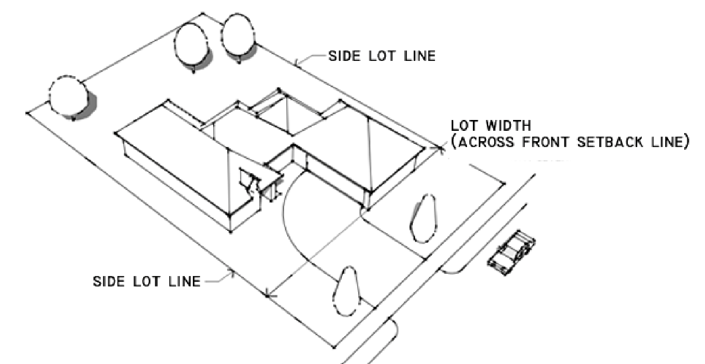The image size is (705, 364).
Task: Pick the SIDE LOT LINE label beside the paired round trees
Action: click(x=382, y=56)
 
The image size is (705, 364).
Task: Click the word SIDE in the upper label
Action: click(x=342, y=56)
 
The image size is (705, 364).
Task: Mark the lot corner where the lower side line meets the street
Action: click(x=334, y=347)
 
